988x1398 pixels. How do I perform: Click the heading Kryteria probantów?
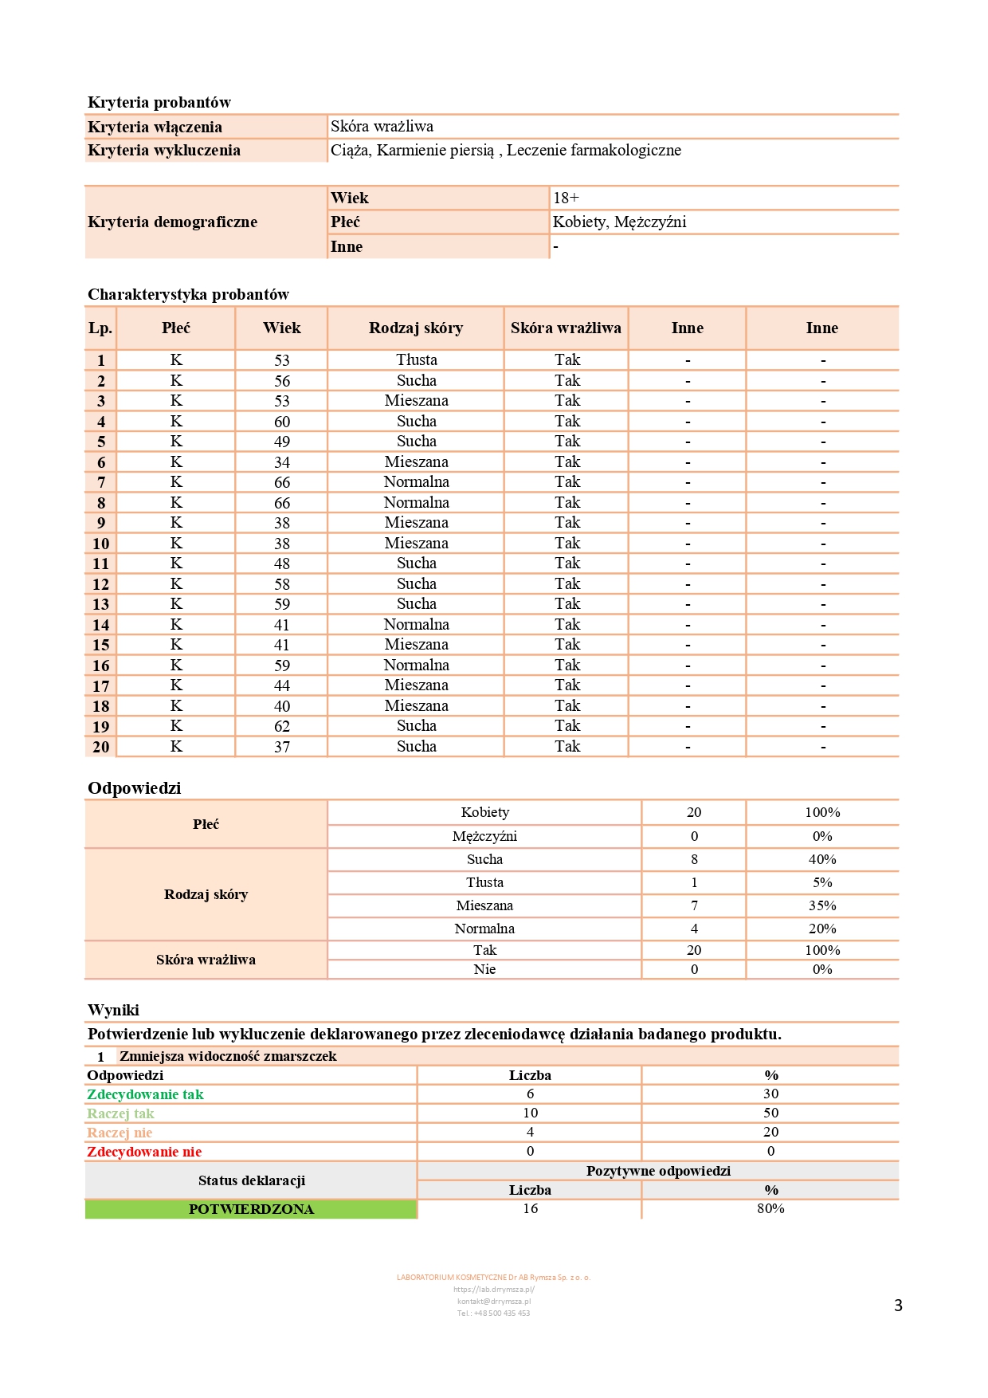pyautogui.click(x=159, y=102)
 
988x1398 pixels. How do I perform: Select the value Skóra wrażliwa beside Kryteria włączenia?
pyautogui.click(x=382, y=126)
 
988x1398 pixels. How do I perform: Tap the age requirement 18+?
pyautogui.click(x=567, y=198)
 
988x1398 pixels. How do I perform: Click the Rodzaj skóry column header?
pyautogui.click(x=415, y=328)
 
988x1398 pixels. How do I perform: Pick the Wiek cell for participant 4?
pyautogui.click(x=282, y=422)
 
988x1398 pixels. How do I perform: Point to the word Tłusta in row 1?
pyautogui.click(x=417, y=360)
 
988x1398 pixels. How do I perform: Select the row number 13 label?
pyautogui.click(x=100, y=604)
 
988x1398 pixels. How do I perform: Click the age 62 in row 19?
pyautogui.click(x=282, y=726)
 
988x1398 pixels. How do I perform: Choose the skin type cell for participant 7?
pyautogui.click(x=416, y=482)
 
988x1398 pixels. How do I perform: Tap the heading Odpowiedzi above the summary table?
pyautogui.click(x=134, y=788)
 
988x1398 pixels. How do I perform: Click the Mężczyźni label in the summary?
pyautogui.click(x=484, y=836)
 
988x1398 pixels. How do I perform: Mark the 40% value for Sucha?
pyautogui.click(x=822, y=859)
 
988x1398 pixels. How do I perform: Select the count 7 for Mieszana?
pyautogui.click(x=694, y=905)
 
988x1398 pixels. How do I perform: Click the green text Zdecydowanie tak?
pyautogui.click(x=145, y=1094)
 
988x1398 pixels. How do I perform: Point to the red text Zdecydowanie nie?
pyautogui.click(x=144, y=1152)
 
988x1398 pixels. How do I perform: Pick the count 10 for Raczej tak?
pyautogui.click(x=530, y=1113)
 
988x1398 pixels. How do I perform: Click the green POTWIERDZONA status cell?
pyautogui.click(x=251, y=1209)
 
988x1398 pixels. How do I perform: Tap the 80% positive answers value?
pyautogui.click(x=770, y=1208)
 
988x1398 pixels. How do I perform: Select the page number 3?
pyautogui.click(x=898, y=1305)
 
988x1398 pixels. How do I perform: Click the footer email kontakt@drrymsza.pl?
pyautogui.click(x=493, y=1301)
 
